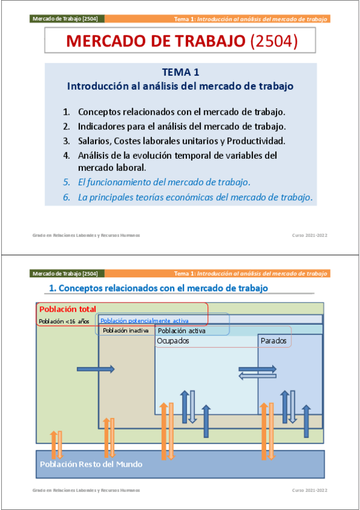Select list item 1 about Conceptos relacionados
pos(181,112)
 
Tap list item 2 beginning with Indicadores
pos(181,126)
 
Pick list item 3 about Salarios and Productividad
pos(181,141)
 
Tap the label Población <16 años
pos(64,321)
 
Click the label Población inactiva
pos(126,331)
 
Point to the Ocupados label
pos(173,341)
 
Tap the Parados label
pos(273,341)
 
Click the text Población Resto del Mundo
pos(91,464)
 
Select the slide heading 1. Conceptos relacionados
pos(158,289)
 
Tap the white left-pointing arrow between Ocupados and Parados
pos(257,376)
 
